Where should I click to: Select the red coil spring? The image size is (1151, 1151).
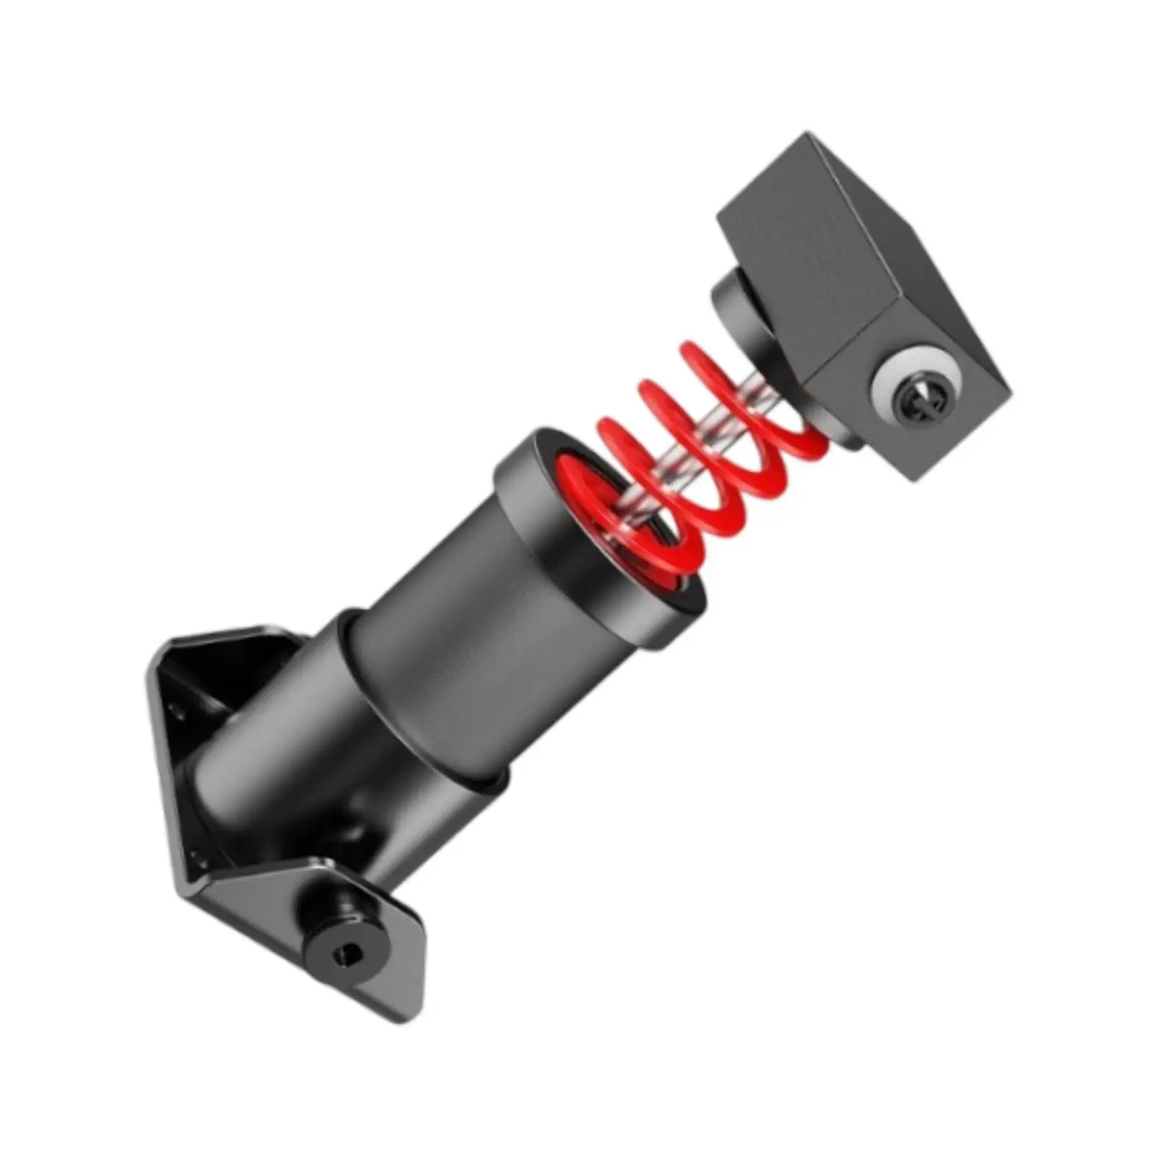click(691, 460)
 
